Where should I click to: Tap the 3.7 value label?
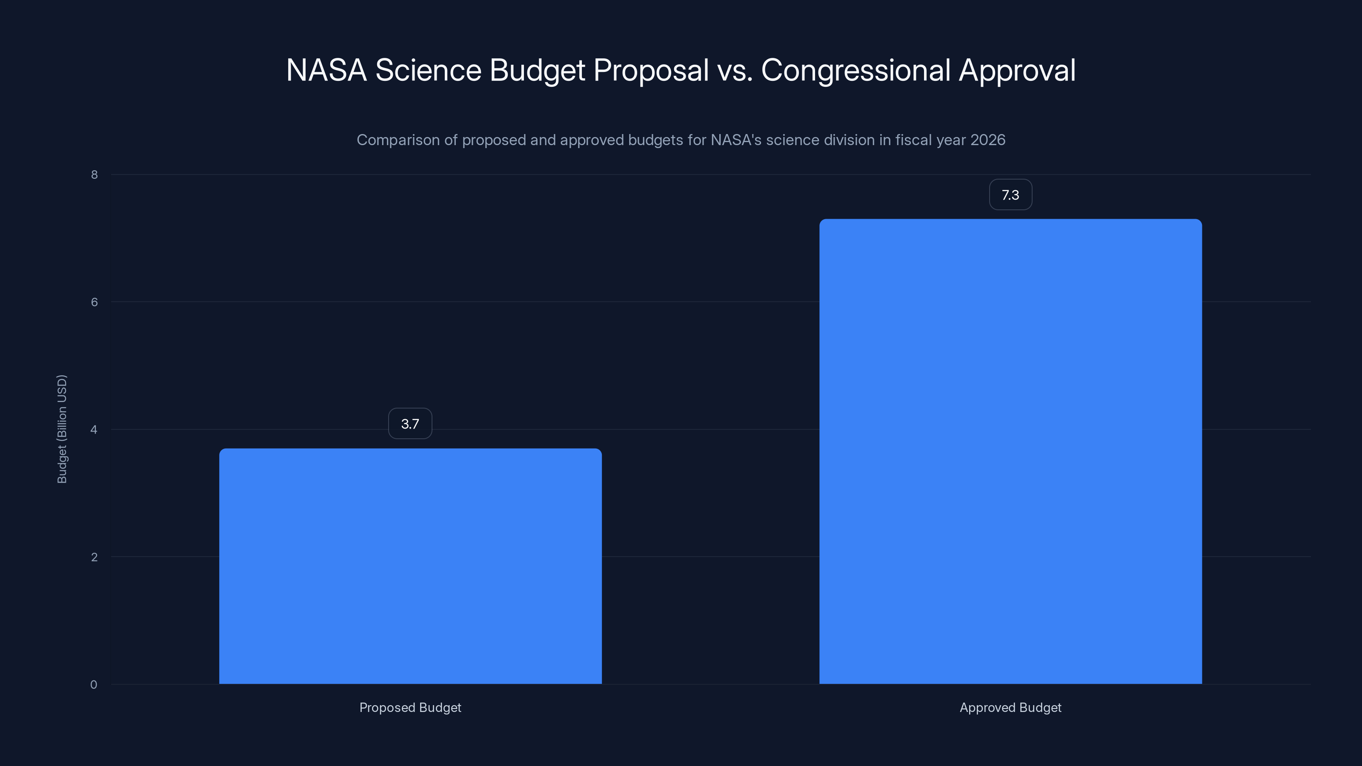410,423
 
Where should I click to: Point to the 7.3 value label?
1010,194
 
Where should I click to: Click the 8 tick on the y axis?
94,174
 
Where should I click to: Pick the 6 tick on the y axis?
94,302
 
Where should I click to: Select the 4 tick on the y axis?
94,429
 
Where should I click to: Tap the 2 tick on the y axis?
94,557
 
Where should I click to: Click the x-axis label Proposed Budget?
410,707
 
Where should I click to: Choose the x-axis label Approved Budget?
1010,707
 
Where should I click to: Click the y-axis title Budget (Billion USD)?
62,429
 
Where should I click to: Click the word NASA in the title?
326,70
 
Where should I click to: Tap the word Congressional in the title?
856,70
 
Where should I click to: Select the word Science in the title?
428,70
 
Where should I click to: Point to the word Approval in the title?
1017,71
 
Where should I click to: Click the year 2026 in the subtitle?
987,140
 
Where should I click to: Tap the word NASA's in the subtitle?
736,140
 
